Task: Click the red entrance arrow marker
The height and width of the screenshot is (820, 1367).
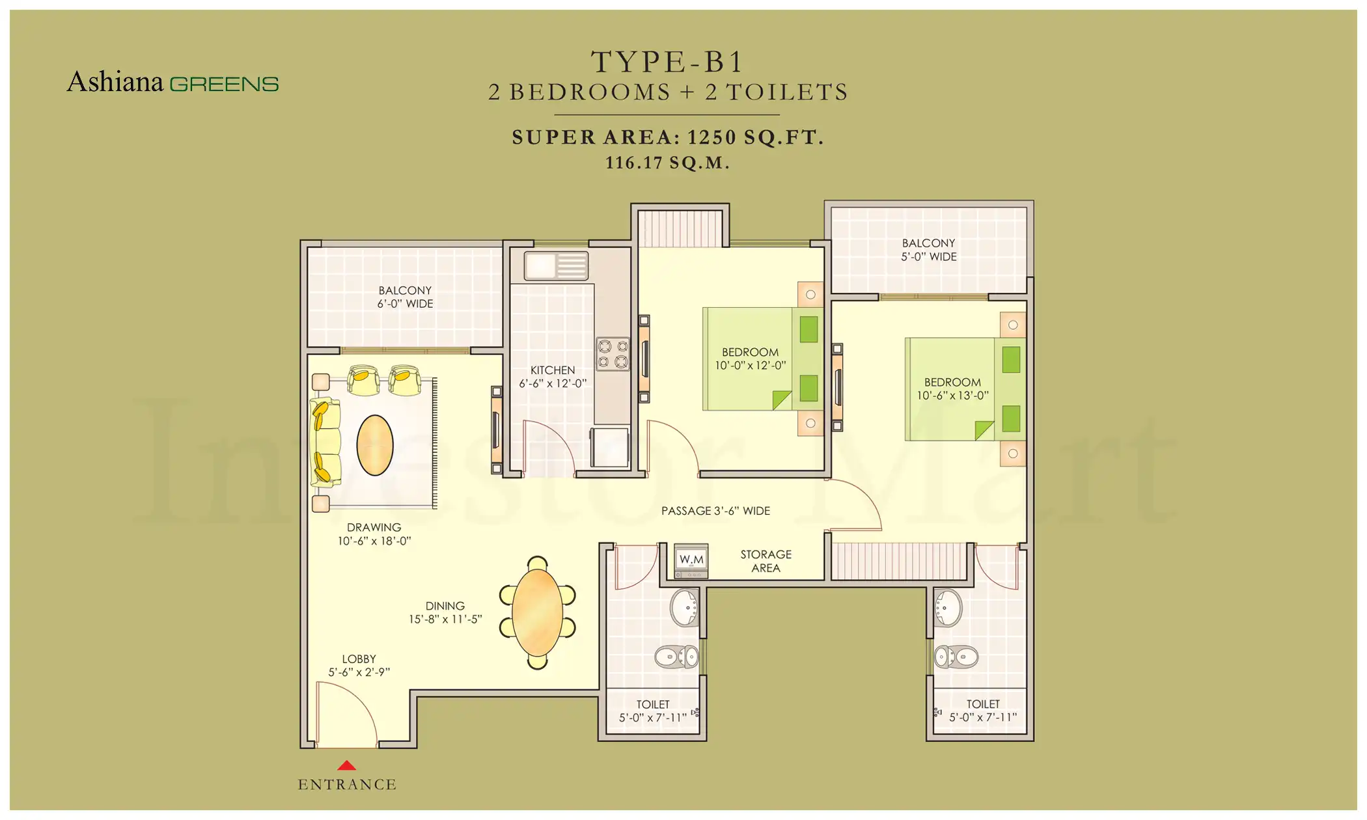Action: click(x=346, y=766)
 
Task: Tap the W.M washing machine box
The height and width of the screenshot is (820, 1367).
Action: click(x=691, y=560)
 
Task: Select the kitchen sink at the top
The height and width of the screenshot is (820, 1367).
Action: click(x=556, y=266)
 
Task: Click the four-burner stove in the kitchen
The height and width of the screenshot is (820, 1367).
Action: click(x=613, y=354)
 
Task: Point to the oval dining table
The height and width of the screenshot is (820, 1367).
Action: click(x=537, y=612)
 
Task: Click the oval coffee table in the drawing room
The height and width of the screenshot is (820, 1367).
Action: click(x=375, y=445)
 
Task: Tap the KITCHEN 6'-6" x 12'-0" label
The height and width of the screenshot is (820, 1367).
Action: click(x=552, y=377)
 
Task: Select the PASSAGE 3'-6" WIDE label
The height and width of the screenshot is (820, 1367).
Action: click(x=715, y=512)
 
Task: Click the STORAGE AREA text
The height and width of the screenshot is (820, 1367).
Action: click(x=766, y=561)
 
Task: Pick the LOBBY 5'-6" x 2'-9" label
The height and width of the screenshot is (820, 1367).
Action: click(x=359, y=666)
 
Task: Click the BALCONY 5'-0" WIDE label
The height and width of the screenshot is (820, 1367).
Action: click(x=928, y=250)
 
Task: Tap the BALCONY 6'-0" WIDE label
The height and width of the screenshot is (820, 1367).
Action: click(x=405, y=297)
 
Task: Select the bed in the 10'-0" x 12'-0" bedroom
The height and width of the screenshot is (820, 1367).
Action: click(x=762, y=359)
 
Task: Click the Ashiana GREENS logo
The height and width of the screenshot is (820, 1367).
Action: click(x=173, y=83)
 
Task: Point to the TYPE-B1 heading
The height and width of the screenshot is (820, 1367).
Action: click(x=667, y=62)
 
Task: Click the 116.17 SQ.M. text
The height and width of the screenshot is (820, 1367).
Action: click(x=667, y=163)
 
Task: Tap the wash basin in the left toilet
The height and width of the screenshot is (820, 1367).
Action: click(x=684, y=608)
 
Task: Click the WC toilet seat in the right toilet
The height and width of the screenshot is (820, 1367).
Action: click(x=956, y=657)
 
